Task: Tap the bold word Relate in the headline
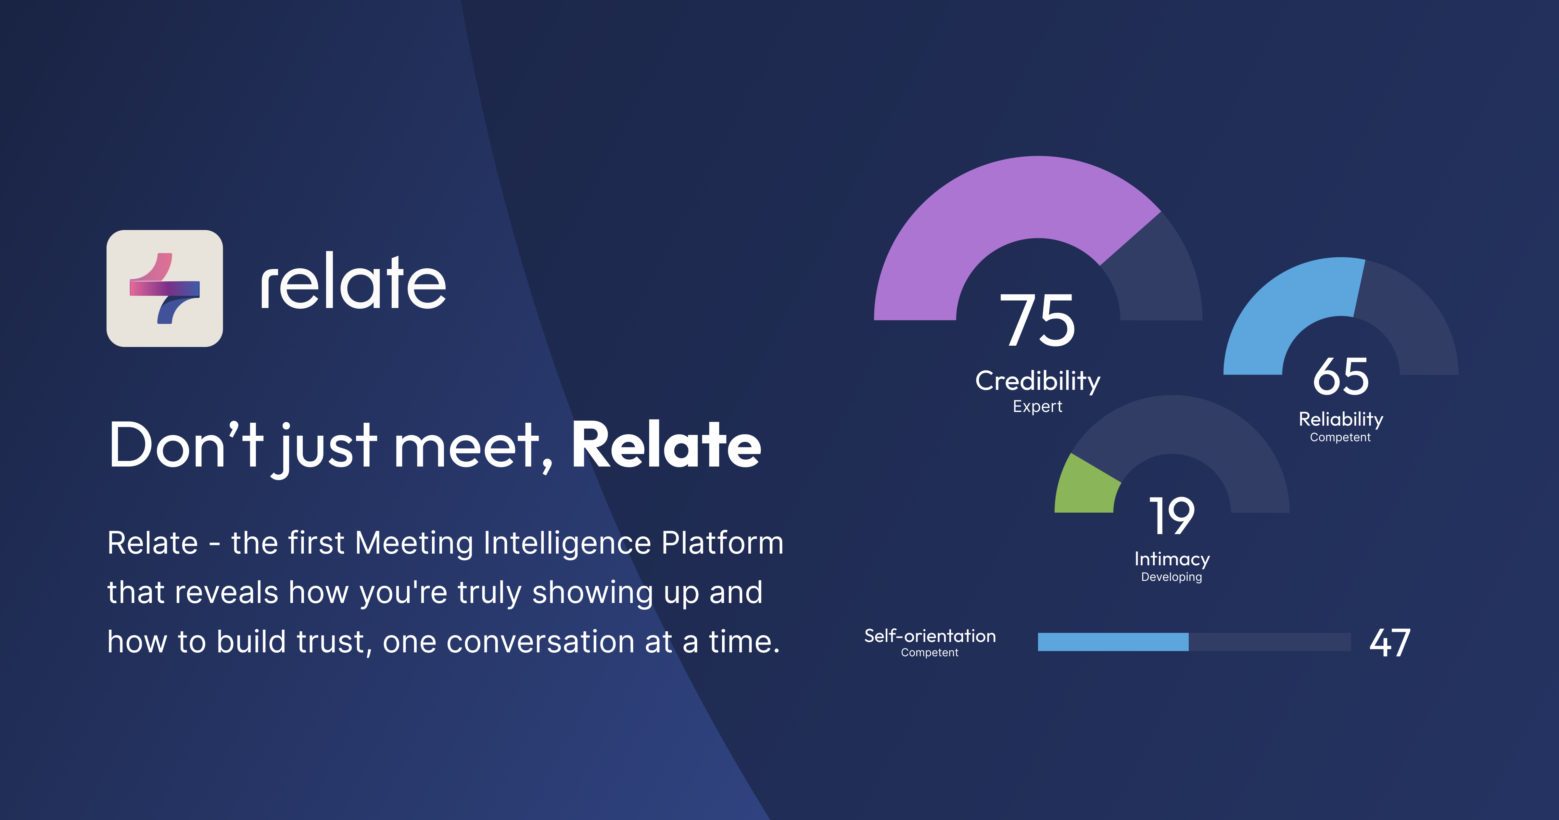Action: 666,446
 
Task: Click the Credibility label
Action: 1037,381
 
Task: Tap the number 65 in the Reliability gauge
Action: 1340,377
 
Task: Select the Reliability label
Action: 1340,419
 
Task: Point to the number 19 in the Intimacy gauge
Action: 1172,516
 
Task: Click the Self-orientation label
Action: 930,636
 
